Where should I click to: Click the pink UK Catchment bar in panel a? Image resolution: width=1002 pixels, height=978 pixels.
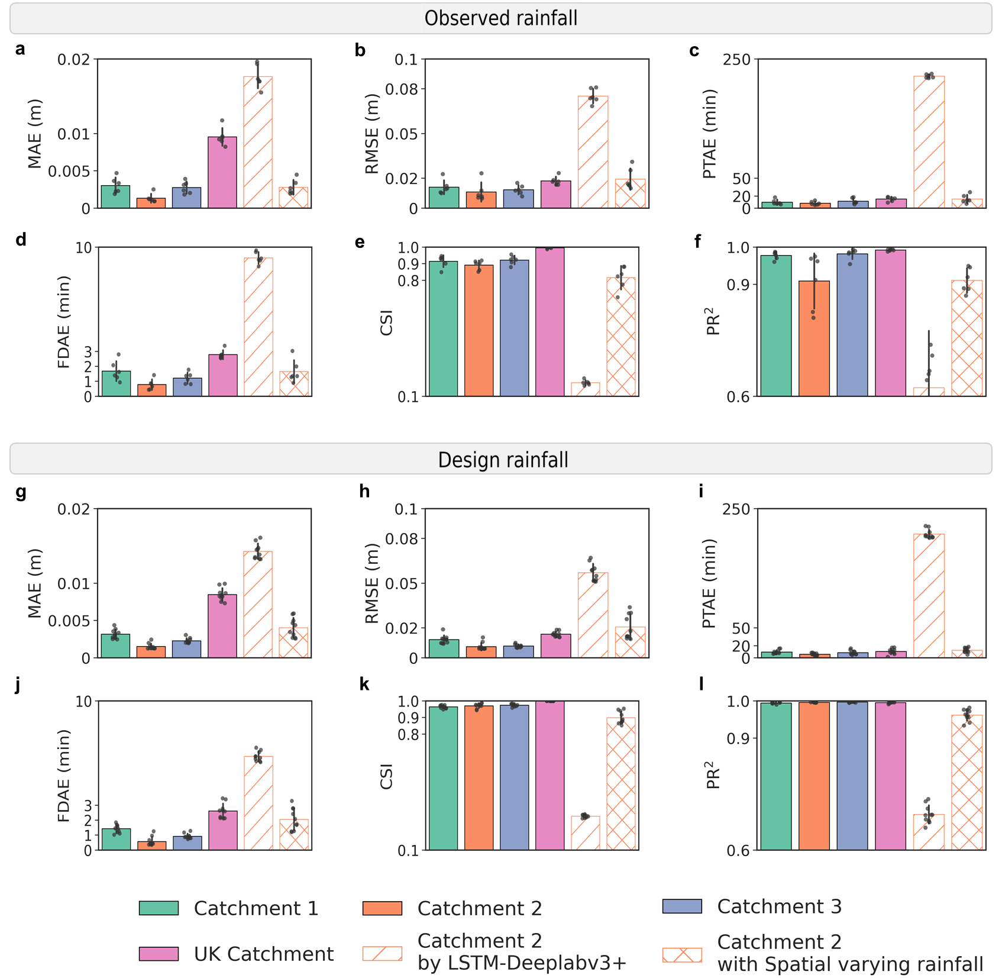(222, 173)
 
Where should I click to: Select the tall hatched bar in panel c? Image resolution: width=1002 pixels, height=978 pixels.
(929, 142)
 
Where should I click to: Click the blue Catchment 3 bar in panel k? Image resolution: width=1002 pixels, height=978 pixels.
(515, 777)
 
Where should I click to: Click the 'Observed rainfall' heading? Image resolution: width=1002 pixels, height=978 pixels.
(500, 18)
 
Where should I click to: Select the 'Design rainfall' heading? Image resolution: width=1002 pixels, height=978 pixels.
(503, 460)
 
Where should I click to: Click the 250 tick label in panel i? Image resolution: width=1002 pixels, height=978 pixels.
(736, 509)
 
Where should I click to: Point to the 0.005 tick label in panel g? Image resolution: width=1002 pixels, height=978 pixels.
(69, 621)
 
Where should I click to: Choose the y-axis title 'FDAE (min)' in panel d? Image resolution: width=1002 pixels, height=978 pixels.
(64, 322)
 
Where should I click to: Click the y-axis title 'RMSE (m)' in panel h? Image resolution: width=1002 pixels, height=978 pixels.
(371, 583)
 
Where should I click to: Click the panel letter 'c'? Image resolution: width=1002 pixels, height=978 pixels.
(694, 51)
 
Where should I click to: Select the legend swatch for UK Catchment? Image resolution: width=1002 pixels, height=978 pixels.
(159, 954)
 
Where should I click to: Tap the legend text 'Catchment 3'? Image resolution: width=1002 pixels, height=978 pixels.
(779, 906)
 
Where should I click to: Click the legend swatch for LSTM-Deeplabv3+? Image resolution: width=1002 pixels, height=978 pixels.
(382, 954)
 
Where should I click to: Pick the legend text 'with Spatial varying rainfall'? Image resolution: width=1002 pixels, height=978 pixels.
(850, 964)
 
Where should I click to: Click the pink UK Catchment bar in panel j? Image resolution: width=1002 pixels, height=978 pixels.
(223, 830)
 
